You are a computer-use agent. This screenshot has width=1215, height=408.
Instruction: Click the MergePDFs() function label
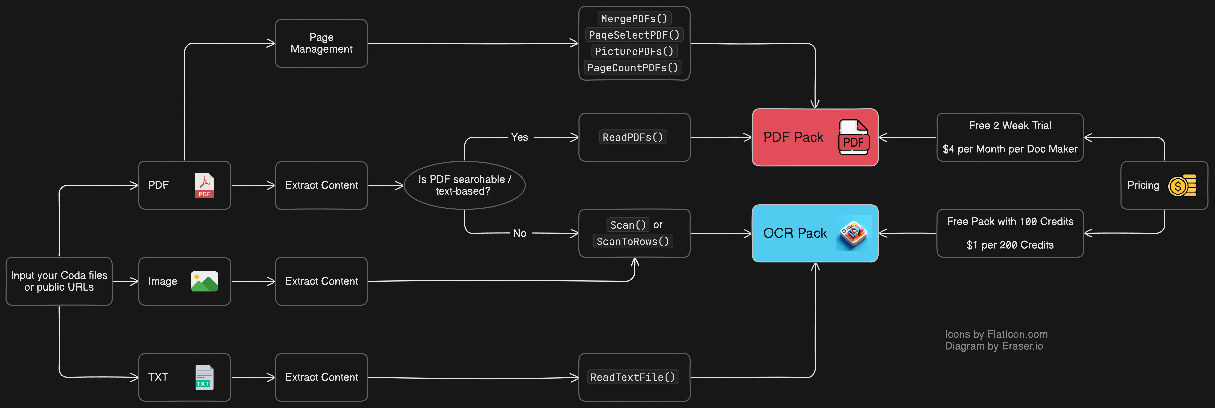(634, 19)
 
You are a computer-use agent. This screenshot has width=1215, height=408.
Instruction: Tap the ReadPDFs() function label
(633, 137)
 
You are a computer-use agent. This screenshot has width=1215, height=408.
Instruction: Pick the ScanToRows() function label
(633, 241)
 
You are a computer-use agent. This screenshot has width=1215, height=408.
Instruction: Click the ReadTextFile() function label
(633, 377)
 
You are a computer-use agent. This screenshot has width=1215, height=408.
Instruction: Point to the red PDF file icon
(204, 185)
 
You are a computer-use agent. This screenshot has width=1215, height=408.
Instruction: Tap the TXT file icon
(204, 377)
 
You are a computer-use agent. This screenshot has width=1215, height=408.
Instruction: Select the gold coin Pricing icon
(1182, 185)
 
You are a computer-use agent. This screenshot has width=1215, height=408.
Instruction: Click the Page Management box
(321, 43)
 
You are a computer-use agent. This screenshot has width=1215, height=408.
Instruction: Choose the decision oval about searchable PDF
(464, 185)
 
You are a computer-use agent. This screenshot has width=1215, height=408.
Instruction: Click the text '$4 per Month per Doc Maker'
(1010, 149)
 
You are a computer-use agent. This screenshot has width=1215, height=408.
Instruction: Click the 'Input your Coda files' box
(59, 281)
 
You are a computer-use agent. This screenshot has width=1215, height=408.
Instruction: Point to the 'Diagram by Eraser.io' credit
(994, 346)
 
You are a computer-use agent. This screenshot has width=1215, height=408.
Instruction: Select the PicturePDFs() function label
(634, 51)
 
